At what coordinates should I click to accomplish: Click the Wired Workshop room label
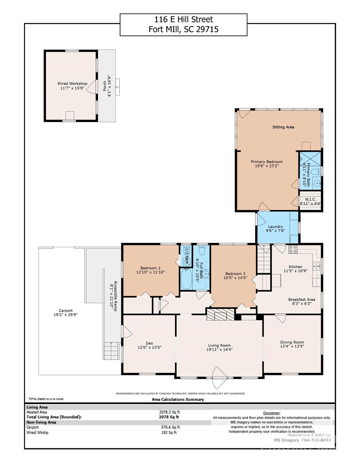72,84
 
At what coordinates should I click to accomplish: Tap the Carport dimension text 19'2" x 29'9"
66,315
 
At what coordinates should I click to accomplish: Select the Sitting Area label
283,127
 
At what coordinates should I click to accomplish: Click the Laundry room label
275,227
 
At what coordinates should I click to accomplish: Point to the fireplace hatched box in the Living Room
220,314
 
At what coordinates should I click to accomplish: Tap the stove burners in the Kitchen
293,249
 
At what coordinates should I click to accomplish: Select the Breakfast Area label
301,299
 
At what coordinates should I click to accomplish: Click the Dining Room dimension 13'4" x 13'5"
292,346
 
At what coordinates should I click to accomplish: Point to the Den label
149,343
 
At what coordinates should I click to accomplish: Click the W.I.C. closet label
311,199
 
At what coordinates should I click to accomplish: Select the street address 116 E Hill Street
184,19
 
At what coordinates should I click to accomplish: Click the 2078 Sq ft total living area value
169,417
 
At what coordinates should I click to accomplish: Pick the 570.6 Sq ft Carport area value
170,427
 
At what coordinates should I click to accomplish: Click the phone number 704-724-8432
316,440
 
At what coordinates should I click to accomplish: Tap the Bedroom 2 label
150,268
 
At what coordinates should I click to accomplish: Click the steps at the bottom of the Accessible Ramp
111,351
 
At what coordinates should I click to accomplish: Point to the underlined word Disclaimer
272,413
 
